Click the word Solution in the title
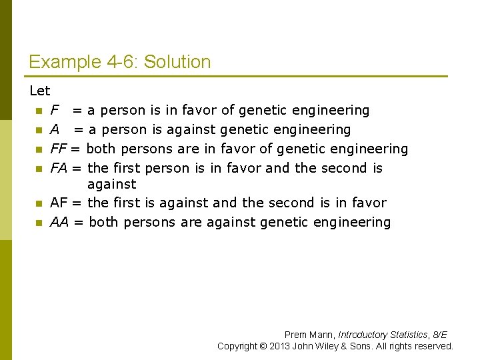click(177, 63)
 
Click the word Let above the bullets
click(39, 91)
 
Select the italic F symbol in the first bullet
click(55, 110)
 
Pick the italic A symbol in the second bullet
click(55, 129)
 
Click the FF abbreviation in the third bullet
click(59, 149)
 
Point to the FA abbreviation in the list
click(59, 168)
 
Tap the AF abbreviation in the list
click(59, 203)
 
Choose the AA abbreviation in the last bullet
click(59, 222)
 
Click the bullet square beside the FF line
click(39, 149)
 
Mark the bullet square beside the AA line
click(39, 223)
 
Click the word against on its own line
click(111, 184)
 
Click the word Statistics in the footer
click(406, 335)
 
